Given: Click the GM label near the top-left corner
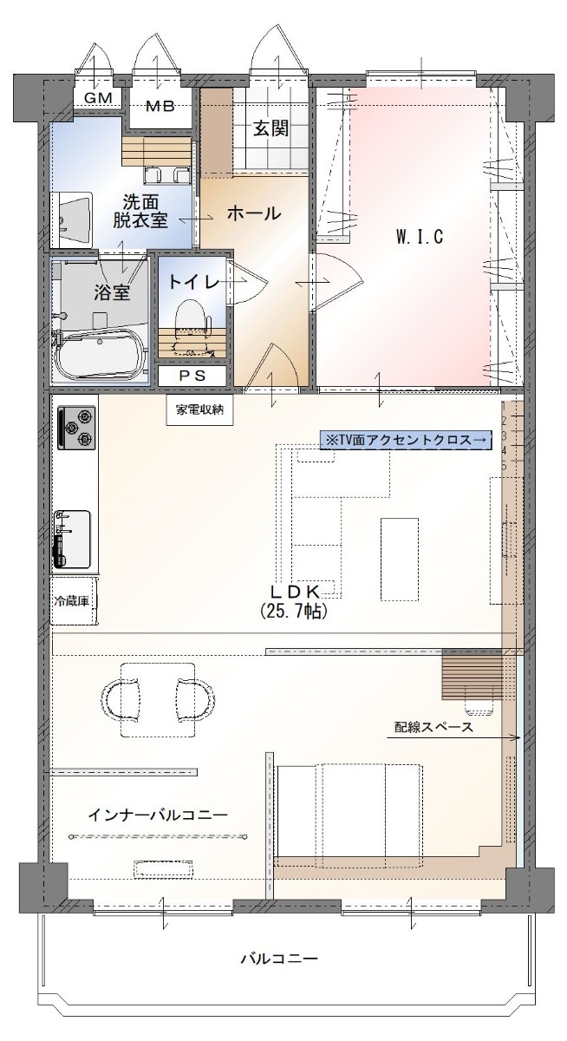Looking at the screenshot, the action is coord(98,98).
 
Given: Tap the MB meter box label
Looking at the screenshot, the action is coord(160,107).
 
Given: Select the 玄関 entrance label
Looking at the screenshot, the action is coord(270,128).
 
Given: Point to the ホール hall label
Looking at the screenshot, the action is coord(254,213).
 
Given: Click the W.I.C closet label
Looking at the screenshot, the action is coord(420,237).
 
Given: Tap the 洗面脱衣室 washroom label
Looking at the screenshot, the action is coord(140,212).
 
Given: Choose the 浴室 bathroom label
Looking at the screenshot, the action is coord(112,293).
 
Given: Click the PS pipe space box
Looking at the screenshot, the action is coord(192,376).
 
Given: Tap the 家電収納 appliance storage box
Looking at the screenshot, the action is coord(199,409).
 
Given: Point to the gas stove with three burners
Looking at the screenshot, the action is coord(76,428).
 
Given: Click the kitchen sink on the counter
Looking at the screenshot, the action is coord(73,539).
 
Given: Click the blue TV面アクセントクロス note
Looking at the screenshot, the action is coord(406,440).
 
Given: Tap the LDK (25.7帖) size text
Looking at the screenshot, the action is coord(296,601).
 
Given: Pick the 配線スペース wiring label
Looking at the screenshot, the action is coord(433,727).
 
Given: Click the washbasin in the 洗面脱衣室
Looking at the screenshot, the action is coord(75,219).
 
